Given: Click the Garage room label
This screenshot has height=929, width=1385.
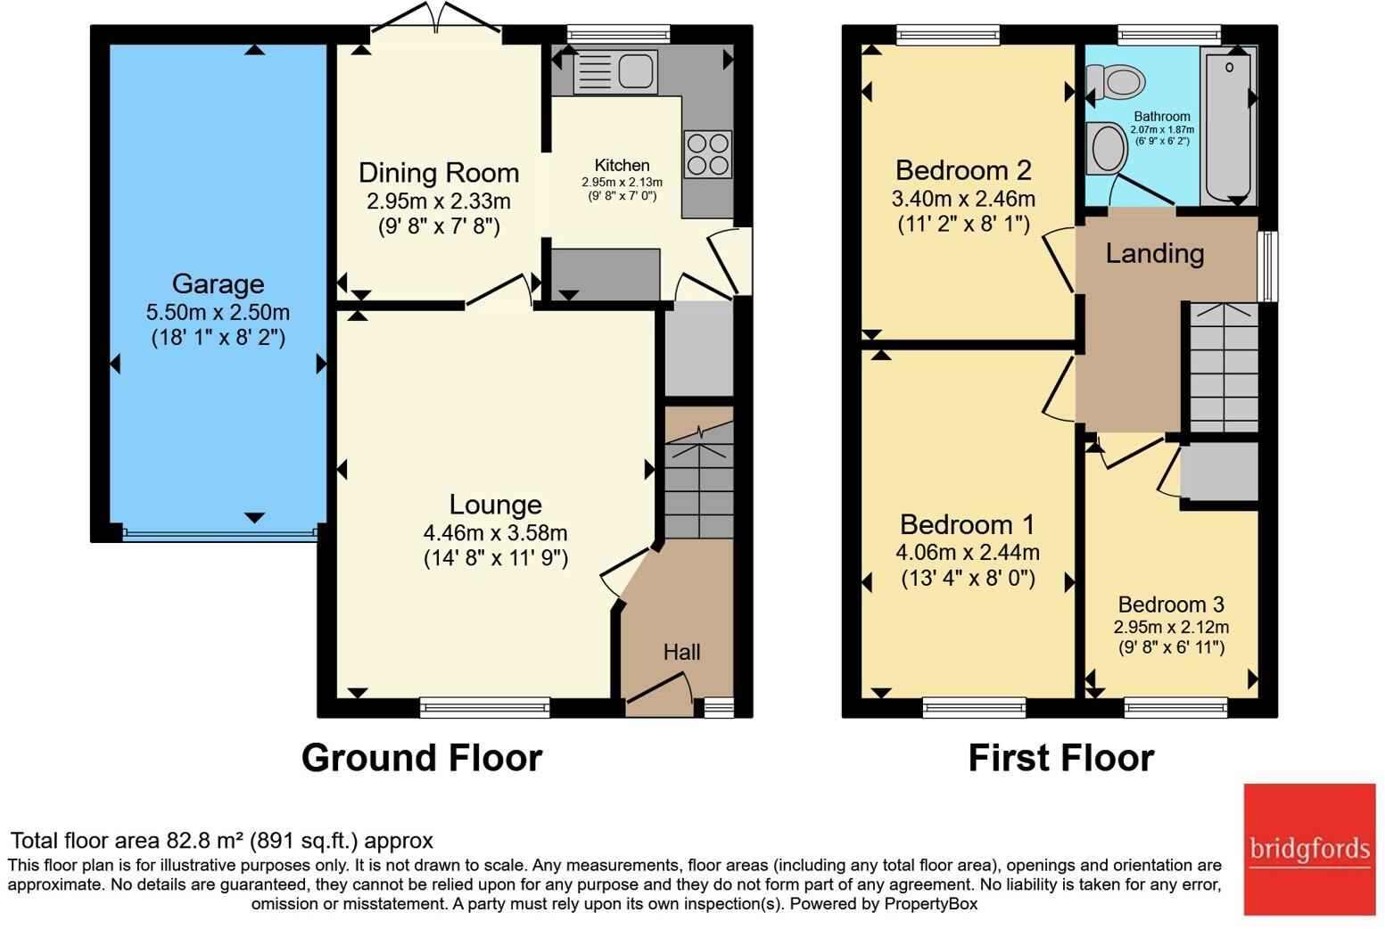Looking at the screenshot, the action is coord(218,284).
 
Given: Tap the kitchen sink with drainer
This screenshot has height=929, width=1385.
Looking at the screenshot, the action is coord(615,71).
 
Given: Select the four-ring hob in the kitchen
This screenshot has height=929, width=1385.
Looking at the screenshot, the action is coord(707,154).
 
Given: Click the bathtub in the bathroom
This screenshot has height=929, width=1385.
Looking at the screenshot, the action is coord(1229,126).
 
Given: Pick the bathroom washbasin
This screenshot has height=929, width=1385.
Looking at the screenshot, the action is coord(1107,148).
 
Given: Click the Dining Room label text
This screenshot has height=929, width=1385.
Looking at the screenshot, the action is coord(439,173).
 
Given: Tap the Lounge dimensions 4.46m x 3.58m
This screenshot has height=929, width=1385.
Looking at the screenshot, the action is coord(495,533).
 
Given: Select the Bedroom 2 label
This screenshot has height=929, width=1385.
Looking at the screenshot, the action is coord(963,170).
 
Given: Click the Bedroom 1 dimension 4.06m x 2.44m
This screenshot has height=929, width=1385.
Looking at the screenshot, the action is coord(968,552).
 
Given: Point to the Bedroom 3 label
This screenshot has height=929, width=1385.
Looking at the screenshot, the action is coord(1171,604).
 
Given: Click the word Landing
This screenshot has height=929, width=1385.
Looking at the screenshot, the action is coord(1154,254).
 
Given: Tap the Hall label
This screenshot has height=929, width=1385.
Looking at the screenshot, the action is coord(681,652).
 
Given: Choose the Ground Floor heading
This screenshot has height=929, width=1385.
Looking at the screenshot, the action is coord(422,758).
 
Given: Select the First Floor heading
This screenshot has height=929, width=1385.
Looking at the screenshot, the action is coord(1061,758).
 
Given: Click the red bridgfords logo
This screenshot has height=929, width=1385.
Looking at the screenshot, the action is coord(1309,850).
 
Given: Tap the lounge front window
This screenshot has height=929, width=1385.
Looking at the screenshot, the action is coord(485,707).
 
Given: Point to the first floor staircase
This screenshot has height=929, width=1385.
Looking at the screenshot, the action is coord(1224,367).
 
